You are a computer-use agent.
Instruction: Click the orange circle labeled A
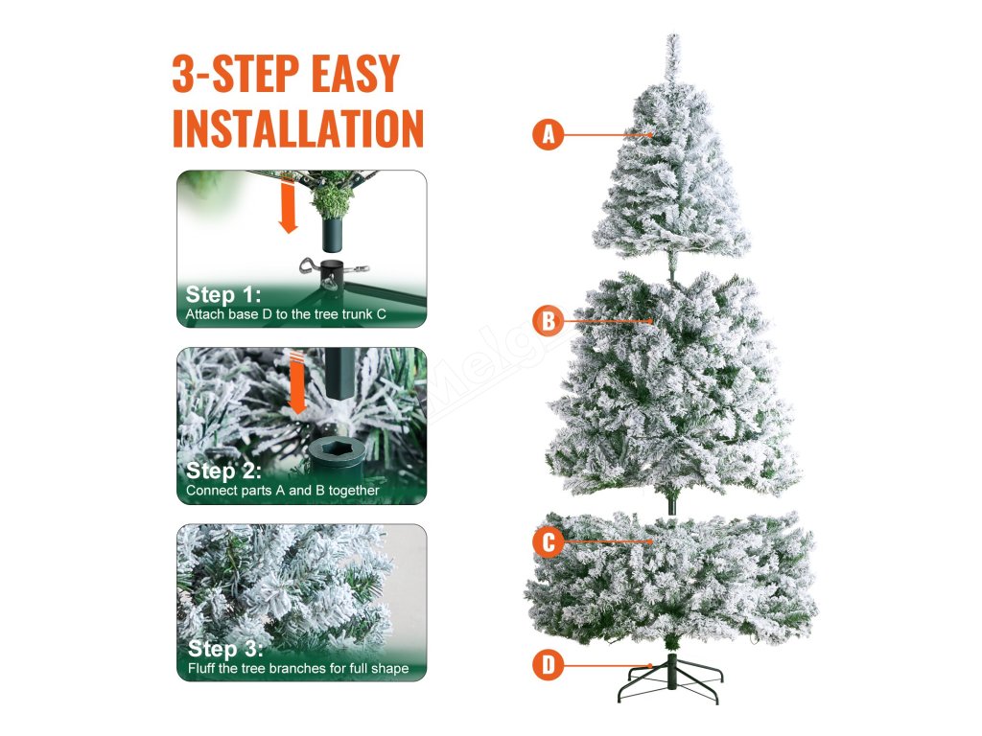click(x=549, y=134)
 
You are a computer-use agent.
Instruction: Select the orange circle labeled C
click(x=549, y=541)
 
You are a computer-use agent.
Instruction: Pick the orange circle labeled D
click(x=549, y=665)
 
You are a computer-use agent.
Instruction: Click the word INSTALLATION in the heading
click(x=298, y=129)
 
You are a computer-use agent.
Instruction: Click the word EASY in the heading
click(x=355, y=74)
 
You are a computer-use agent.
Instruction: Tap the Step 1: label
click(x=222, y=294)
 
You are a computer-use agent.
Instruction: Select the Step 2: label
click(x=222, y=471)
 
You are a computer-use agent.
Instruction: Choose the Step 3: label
click(x=224, y=649)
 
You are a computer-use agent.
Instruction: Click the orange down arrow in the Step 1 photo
click(x=288, y=207)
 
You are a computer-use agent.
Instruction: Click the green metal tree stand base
click(x=670, y=679)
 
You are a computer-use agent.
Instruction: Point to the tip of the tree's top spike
click(x=673, y=35)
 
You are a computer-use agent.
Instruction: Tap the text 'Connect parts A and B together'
click(x=283, y=491)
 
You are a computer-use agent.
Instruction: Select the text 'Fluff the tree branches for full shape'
click(x=298, y=668)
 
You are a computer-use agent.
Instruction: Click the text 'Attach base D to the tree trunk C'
click(x=286, y=314)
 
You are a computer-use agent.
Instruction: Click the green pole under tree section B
click(x=671, y=499)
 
